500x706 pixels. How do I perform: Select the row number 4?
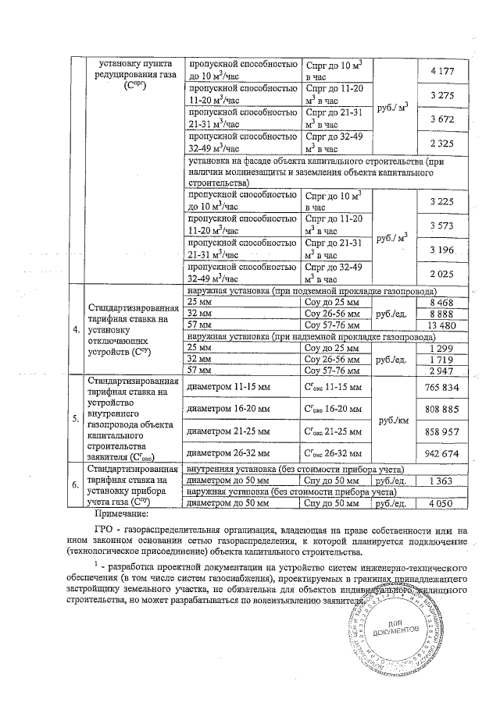(75, 328)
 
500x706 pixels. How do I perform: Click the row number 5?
(75, 419)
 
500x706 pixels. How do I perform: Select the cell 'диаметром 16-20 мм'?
(227, 409)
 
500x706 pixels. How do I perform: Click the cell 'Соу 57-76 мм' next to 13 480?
(333, 325)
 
